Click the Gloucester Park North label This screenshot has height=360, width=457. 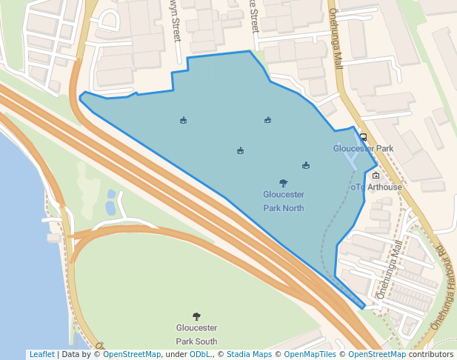coord(284,201)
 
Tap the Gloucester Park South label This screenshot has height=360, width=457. coord(196,334)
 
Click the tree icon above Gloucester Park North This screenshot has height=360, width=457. coord(283,182)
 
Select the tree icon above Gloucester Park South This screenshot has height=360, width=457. coord(196,316)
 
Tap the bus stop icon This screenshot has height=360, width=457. coord(363,136)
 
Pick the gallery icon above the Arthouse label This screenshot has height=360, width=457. coord(376,176)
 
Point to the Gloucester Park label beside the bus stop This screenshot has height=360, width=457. coord(363,148)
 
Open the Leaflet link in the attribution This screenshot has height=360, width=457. coord(41,355)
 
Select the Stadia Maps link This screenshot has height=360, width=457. coord(249,355)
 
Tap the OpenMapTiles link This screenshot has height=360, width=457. coord(309,355)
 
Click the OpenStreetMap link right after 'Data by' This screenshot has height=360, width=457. coord(132,355)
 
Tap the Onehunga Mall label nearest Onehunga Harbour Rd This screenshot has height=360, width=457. coord(390,270)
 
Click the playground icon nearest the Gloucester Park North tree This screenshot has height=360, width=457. coord(306,166)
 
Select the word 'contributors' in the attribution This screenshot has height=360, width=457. coord(430,355)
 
